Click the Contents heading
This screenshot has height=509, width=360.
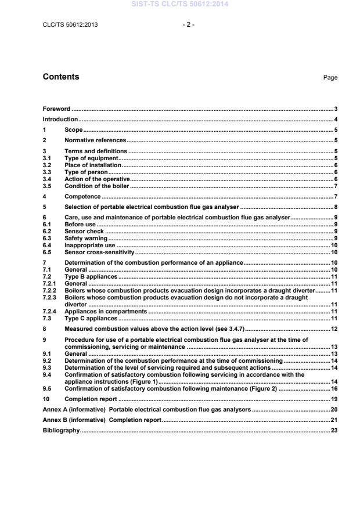[61, 77]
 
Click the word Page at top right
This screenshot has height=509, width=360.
[330, 78]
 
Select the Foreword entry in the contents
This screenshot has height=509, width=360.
[56, 109]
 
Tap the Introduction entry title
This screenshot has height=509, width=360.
[61, 120]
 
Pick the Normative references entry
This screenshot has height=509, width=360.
[95, 140]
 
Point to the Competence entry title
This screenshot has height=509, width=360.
[82, 196]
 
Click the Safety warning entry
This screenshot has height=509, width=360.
[86, 239]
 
